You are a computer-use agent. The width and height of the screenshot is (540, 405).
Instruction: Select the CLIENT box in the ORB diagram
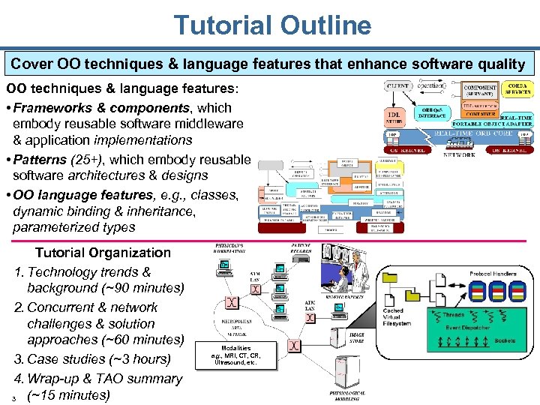point(397,87)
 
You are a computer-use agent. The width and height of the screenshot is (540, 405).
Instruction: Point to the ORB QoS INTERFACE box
point(437,113)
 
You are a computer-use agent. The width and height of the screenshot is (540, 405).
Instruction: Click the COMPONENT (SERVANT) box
point(479,91)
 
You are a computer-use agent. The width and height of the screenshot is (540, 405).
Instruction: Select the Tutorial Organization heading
point(103,253)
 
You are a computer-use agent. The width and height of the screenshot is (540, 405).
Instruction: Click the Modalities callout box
point(235,355)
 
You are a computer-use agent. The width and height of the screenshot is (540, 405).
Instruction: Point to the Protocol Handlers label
point(493,274)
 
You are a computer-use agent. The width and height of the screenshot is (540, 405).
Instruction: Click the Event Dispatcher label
point(468,327)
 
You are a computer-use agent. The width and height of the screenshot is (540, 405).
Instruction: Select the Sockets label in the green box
point(505,340)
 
